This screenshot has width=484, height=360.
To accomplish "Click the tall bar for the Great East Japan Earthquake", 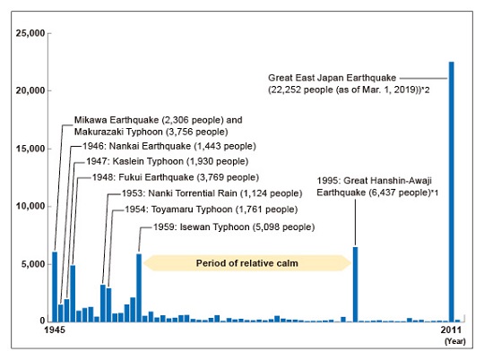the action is tap(451, 192).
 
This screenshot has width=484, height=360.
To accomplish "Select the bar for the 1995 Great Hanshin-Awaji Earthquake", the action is tap(355, 285).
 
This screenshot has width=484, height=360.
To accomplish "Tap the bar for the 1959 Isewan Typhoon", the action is tap(139, 287).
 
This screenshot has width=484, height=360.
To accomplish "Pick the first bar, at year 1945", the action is tap(55, 287).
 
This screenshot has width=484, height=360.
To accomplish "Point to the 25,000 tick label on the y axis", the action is tap(30, 33).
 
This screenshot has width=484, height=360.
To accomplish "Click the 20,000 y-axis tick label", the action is tap(30, 90).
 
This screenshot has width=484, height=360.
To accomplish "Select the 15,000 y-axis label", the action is tap(30, 149).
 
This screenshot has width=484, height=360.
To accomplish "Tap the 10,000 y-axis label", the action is tap(30, 206).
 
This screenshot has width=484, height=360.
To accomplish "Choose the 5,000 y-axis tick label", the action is tap(33, 264).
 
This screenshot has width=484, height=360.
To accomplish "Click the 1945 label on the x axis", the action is tap(55, 330).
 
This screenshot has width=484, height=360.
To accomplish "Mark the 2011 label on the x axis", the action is tap(451, 330).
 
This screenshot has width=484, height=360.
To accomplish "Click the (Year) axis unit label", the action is tap(454, 341).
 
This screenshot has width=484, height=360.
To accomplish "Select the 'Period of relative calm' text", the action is tap(247, 263).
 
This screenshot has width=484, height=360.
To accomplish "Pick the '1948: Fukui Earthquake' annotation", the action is tap(143, 177).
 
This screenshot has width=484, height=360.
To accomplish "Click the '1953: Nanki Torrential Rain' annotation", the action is tap(179, 193).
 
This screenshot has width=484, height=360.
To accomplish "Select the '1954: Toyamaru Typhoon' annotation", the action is tap(178, 210).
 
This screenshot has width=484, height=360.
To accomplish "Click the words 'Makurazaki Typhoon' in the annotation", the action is tap(118, 132).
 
